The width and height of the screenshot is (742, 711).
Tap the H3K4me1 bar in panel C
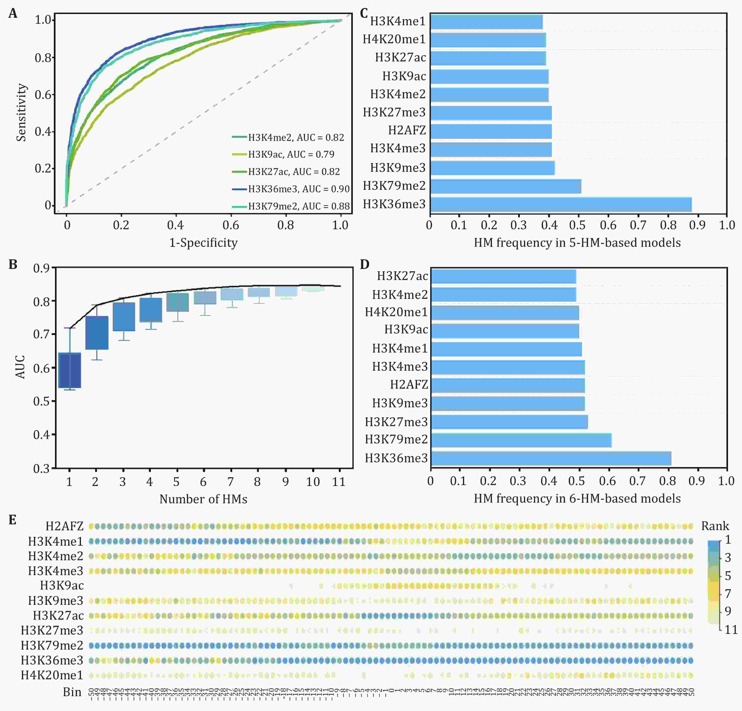tap(487, 22)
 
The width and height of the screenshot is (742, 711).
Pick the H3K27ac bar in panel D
tap(503, 277)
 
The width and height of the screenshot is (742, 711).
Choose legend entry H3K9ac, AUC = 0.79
tap(291, 154)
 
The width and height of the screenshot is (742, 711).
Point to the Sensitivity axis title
tap(21, 112)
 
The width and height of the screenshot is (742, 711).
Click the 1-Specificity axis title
tap(203, 243)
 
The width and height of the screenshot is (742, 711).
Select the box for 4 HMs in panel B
tap(151, 310)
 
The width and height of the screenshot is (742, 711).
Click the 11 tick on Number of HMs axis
tap(339, 482)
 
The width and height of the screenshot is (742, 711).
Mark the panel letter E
tap(12, 520)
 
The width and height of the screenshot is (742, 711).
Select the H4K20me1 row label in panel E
tap(52, 675)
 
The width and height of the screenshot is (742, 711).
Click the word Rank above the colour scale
tap(715, 526)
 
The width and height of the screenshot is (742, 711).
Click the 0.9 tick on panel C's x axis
tap(697, 225)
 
